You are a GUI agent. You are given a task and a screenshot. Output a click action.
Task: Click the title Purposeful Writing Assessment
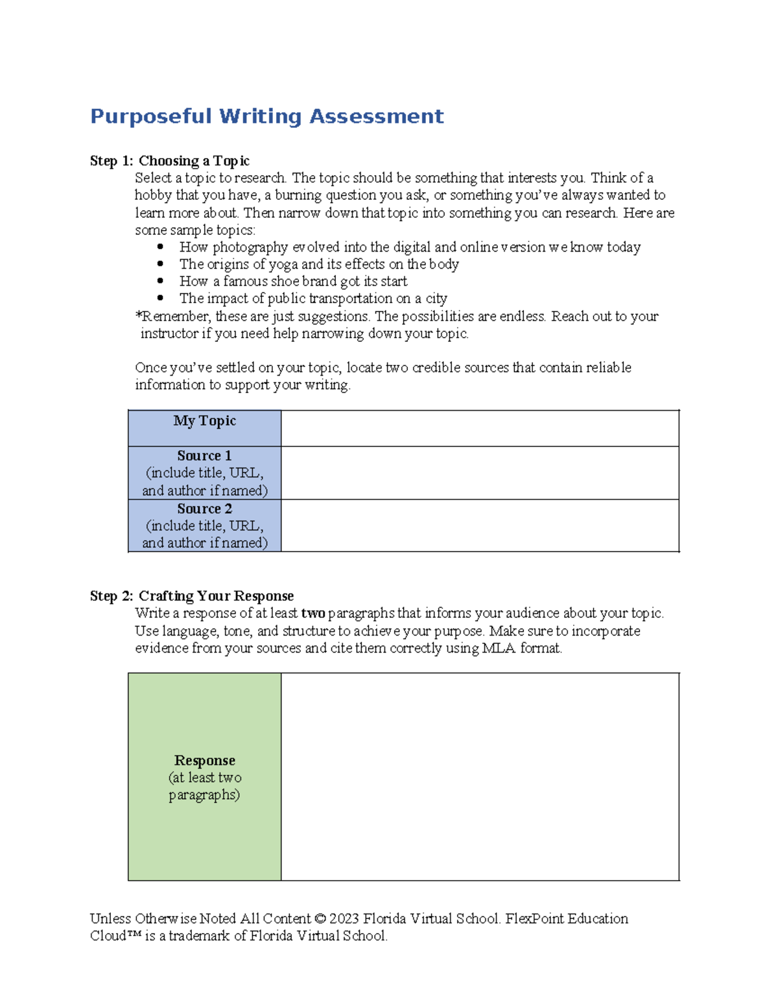(x=266, y=117)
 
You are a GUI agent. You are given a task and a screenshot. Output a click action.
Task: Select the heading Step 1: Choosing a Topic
(x=170, y=160)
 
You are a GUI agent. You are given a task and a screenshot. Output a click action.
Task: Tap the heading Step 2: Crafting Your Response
(x=191, y=596)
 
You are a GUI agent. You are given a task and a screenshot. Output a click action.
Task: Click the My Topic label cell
(x=205, y=421)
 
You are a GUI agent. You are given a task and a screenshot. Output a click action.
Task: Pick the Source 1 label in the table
(x=205, y=456)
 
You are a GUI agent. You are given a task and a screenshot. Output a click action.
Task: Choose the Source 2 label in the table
(x=205, y=509)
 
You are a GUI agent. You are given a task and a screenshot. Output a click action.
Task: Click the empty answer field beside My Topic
(x=479, y=428)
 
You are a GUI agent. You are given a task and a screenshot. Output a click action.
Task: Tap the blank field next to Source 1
(x=479, y=473)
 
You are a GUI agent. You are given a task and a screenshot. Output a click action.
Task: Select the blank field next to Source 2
(x=479, y=525)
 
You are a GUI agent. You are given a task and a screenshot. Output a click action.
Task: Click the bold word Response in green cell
(x=205, y=760)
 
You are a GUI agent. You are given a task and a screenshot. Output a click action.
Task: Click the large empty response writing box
(x=479, y=776)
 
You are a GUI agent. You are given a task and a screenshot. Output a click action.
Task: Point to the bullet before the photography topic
(x=160, y=246)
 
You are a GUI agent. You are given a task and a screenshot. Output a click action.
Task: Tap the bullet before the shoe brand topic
(x=160, y=281)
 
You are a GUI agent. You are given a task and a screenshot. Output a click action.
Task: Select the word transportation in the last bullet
(x=350, y=299)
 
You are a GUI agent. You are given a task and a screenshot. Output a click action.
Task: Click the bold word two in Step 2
(x=313, y=613)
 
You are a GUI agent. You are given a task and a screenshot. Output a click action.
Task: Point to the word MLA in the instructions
(x=499, y=648)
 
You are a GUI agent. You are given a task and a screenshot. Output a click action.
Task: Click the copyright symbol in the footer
(x=320, y=919)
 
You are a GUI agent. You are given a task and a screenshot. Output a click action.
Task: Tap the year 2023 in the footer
(x=344, y=919)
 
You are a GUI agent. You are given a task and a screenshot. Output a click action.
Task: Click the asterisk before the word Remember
(x=138, y=315)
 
